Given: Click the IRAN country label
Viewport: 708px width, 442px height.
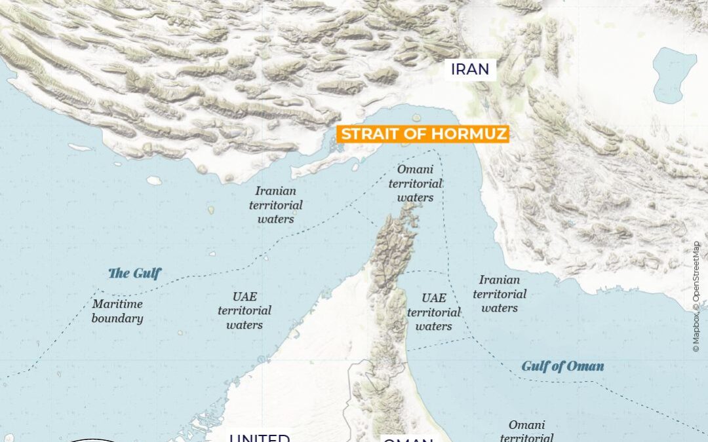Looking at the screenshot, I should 470,69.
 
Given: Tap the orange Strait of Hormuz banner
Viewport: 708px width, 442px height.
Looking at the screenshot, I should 423,135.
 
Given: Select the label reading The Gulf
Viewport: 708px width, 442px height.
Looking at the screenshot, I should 134,273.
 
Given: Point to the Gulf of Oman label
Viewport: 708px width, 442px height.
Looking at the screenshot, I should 562,366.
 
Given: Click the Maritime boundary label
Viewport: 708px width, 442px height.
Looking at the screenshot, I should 117,311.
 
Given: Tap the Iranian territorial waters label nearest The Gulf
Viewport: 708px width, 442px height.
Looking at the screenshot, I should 276,205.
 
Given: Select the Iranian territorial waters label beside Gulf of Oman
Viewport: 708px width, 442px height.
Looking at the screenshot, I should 499,294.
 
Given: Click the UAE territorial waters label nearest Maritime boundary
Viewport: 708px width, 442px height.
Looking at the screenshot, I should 244,310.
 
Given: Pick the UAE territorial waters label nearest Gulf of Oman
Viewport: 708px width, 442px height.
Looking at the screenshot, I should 433,312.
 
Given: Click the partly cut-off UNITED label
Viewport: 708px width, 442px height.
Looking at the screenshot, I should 260,437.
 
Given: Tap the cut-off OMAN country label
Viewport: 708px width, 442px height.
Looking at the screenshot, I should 408,438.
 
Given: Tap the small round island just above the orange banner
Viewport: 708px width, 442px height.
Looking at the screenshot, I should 416,118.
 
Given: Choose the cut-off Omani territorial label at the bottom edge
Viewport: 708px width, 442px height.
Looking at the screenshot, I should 526,432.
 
